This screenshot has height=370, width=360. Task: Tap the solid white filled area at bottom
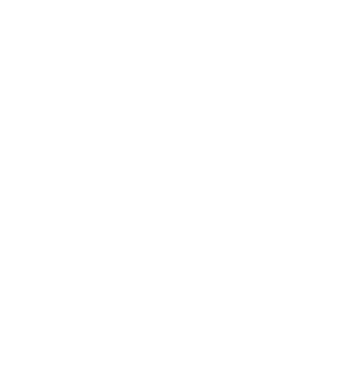(x=177, y=318)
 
